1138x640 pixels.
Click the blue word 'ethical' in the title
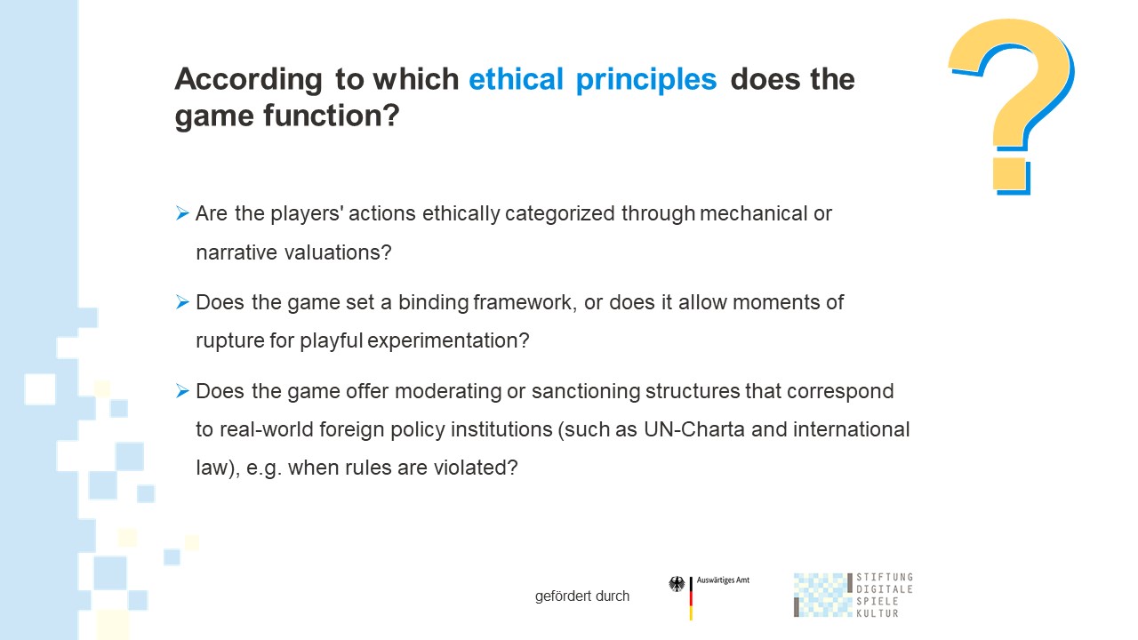pyautogui.click(x=516, y=79)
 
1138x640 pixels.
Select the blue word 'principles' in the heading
pyautogui.click(x=646, y=80)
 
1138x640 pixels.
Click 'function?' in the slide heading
pyautogui.click(x=332, y=116)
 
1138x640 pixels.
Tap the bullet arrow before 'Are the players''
pyautogui.click(x=182, y=213)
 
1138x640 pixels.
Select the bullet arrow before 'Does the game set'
pyautogui.click(x=182, y=302)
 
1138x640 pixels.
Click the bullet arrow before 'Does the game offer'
pyautogui.click(x=182, y=391)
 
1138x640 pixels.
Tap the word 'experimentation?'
pyautogui.click(x=448, y=341)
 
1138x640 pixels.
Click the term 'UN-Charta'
pyautogui.click(x=694, y=429)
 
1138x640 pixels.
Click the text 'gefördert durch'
pyautogui.click(x=582, y=596)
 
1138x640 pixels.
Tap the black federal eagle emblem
pyautogui.click(x=677, y=584)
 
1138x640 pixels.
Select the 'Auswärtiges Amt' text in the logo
pyautogui.click(x=723, y=580)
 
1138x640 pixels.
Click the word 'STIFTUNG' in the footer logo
pyautogui.click(x=885, y=577)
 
